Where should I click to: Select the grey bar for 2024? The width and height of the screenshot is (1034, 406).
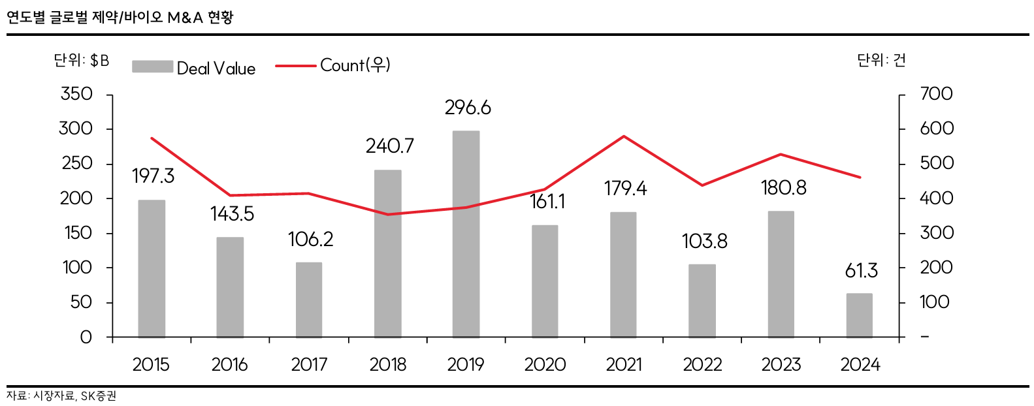pos(860,315)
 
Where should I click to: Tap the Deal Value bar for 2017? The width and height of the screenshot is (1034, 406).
pos(309,300)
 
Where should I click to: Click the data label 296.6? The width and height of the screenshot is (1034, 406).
pos(468,108)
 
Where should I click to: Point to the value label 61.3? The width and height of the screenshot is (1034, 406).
pos(861,270)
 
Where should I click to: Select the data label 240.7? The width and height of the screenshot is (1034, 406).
pos(389,146)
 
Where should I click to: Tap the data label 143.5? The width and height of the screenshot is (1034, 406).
pos(232,214)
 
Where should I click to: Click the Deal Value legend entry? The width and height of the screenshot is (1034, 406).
pos(194,68)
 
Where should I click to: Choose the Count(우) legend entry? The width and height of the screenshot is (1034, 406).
pos(333,65)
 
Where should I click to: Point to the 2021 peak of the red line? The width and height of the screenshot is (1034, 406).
pos(624,136)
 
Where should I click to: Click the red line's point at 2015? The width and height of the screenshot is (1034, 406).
pos(152,138)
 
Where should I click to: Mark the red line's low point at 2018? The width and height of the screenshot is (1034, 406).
pos(388,214)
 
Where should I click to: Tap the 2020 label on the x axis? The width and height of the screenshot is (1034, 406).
pos(545,364)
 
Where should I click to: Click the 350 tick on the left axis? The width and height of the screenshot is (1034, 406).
pos(76,94)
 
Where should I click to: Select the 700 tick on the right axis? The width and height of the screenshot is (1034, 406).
pos(936,94)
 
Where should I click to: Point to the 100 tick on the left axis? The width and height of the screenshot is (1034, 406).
pos(78,268)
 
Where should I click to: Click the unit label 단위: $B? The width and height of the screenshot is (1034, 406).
pos(82,61)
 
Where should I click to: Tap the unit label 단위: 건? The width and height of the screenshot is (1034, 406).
pos(881,61)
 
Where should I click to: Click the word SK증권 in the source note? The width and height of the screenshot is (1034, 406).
pos(99,396)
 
